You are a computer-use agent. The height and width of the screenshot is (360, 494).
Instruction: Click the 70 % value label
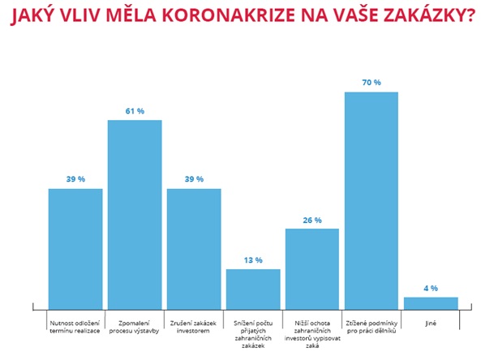(372, 82)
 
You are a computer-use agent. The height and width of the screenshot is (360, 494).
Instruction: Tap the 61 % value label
(135, 110)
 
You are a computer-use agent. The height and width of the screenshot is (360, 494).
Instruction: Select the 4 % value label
(431, 288)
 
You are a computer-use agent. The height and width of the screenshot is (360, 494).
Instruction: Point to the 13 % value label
(253, 259)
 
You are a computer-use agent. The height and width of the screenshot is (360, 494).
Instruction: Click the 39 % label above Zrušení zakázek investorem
(194, 179)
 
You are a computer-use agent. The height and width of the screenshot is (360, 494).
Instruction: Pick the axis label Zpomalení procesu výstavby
(135, 326)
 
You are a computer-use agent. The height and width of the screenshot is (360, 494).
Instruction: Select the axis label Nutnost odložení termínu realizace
(75, 326)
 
